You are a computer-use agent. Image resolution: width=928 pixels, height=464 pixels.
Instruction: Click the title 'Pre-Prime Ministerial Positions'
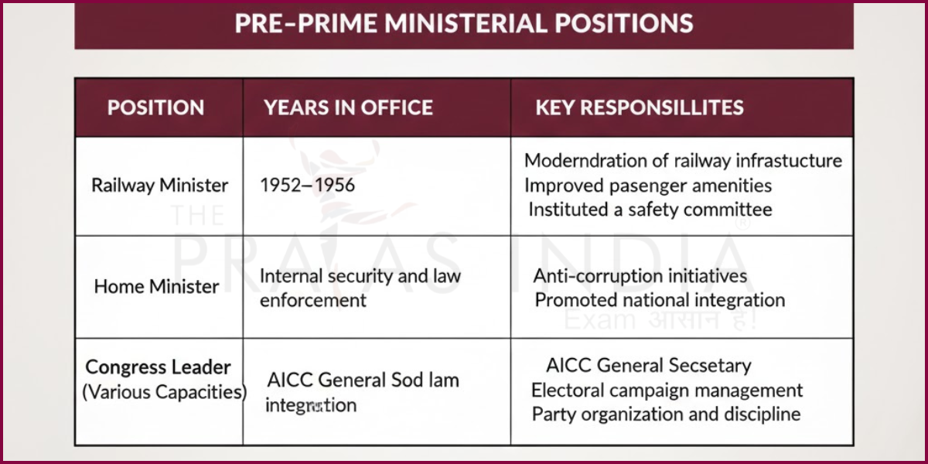coord(464,23)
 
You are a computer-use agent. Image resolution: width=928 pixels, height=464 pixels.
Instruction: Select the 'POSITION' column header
coord(155,107)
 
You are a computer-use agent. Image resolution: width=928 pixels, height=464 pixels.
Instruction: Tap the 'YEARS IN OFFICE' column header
coord(348,107)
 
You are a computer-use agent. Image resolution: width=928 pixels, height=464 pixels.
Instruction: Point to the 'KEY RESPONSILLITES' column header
coord(640,107)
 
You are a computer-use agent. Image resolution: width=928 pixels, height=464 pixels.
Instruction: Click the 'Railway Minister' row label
coord(160,186)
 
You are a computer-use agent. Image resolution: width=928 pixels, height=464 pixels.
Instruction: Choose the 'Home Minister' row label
coord(157,286)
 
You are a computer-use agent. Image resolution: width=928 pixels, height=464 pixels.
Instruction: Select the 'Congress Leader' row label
coord(159,367)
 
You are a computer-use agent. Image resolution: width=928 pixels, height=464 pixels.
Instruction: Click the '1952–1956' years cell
coord(308,186)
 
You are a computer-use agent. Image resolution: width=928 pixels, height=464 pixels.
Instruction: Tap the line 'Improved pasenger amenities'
coord(648,186)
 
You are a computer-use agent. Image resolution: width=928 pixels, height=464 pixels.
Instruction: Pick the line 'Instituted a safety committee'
coord(650,209)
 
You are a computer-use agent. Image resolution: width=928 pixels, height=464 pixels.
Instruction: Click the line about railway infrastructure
coord(683,161)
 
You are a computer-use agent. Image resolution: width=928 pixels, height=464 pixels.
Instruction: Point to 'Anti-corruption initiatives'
coord(640,276)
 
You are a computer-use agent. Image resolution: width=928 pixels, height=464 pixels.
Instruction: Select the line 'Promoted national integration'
coord(660,300)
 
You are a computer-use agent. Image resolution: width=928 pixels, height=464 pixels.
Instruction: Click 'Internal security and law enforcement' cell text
coord(360,288)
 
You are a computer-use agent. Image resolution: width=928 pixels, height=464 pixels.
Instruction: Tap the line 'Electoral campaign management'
coord(667,391)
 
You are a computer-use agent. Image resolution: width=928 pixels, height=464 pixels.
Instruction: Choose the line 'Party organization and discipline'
coord(666,414)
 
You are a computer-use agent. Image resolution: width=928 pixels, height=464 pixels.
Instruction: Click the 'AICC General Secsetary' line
coord(648,366)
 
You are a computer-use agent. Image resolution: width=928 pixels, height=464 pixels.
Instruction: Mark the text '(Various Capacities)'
coord(164,391)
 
